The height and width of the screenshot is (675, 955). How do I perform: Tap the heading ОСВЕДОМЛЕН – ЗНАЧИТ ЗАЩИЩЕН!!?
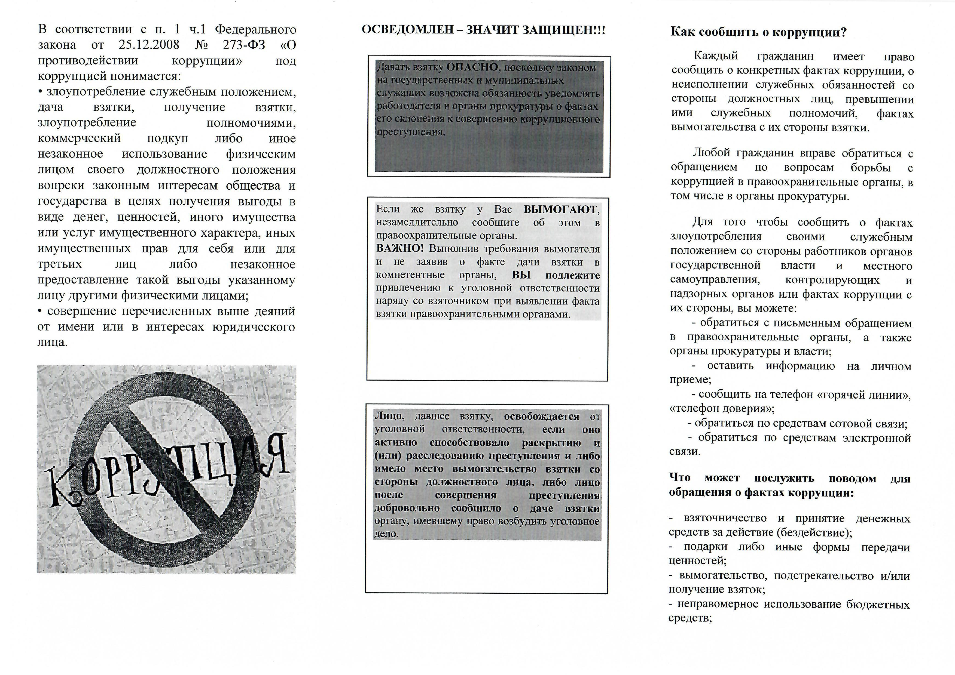coord(483,30)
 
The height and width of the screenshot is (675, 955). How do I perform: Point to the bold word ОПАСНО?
coord(472,67)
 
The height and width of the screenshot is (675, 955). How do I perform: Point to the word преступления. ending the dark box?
coord(411,132)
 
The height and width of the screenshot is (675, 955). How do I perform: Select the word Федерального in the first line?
coord(255,29)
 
